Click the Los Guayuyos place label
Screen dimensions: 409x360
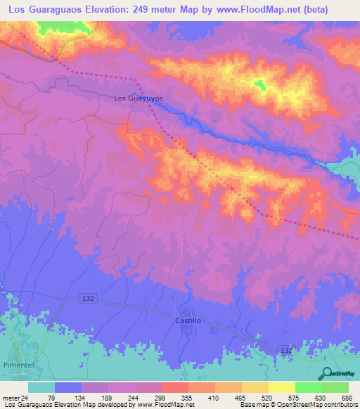(x=139, y=98)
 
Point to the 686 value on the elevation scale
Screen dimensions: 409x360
(x=347, y=397)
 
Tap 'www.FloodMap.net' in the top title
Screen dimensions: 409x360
(x=252, y=9)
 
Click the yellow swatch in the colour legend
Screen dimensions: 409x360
(x=282, y=387)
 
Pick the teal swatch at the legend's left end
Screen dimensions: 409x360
(x=41, y=387)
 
